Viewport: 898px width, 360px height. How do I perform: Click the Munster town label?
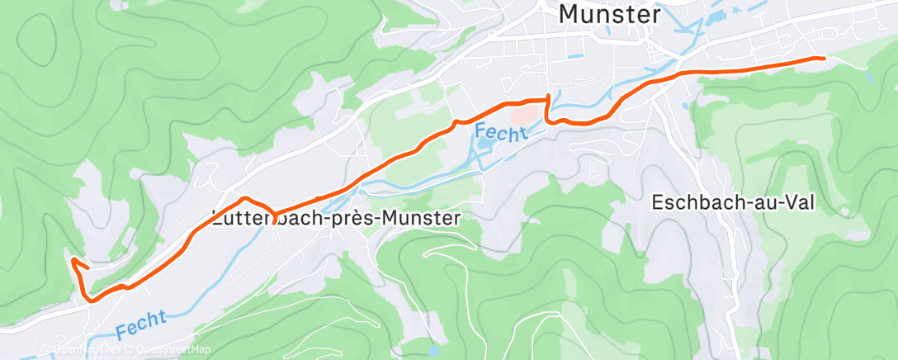point(610,14)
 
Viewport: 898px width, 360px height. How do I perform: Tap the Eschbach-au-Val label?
point(733,201)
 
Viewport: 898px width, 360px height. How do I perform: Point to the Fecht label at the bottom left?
point(141,323)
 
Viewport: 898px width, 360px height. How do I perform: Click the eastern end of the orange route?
point(823,58)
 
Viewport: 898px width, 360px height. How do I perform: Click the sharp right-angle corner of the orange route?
point(547,99)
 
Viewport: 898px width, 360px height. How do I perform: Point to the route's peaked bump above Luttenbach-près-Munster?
point(244,198)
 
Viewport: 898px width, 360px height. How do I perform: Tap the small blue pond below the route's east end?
point(868,77)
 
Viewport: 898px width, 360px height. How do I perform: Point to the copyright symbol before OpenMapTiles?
point(46,350)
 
